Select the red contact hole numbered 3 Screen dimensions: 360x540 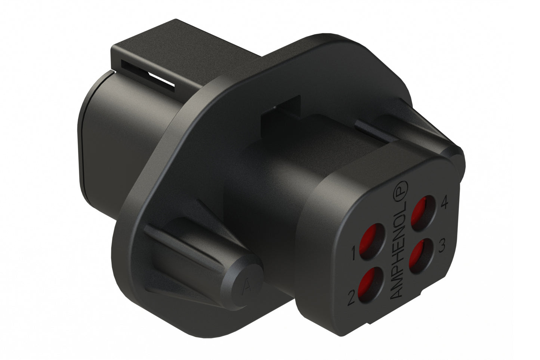click(419, 255)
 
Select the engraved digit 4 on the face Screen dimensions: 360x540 click(444, 203)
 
